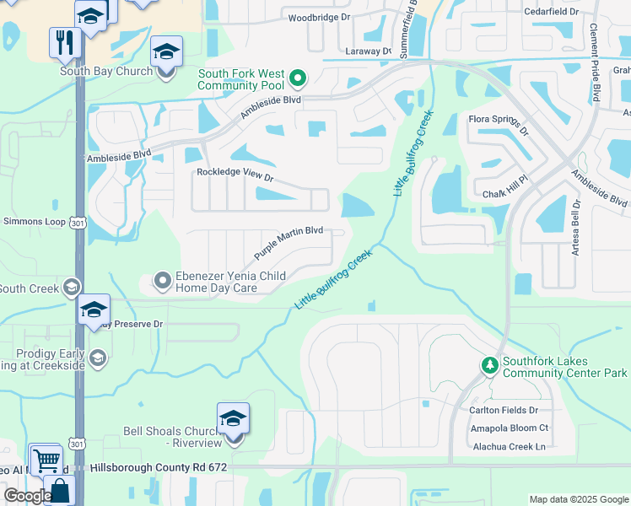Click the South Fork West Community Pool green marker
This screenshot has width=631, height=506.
click(x=297, y=80)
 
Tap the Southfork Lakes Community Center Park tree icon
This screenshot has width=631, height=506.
click(x=489, y=366)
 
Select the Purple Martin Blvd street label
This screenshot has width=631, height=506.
click(x=289, y=242)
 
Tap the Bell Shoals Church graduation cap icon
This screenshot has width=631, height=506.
click(x=234, y=418)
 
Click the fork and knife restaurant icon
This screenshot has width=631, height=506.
click(x=64, y=40)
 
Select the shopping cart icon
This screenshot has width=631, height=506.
click(x=46, y=460)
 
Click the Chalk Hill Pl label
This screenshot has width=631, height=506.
click(x=504, y=187)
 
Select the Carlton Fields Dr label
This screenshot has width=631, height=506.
click(x=504, y=411)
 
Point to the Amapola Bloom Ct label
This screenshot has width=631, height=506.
click(x=510, y=428)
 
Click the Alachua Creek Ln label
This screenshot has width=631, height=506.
click(x=510, y=447)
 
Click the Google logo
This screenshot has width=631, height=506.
click(x=28, y=496)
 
